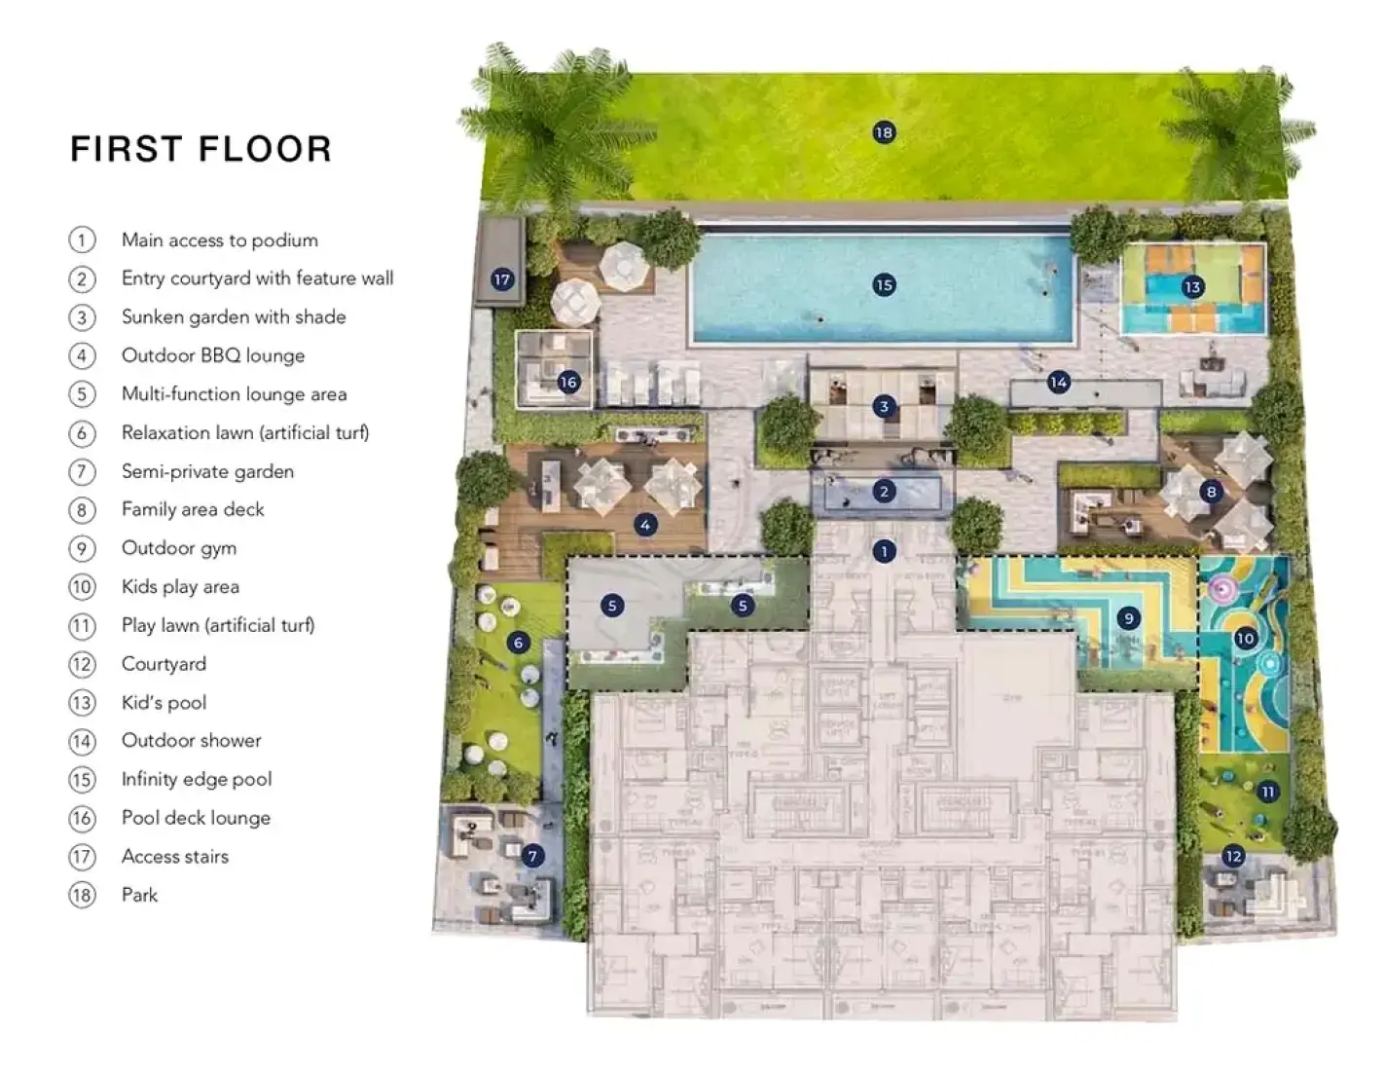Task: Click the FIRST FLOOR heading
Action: coord(201,149)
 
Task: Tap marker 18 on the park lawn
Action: coord(884,132)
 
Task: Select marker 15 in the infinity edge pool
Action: coord(884,285)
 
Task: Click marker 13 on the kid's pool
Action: coord(1192,286)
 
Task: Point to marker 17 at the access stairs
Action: coord(502,279)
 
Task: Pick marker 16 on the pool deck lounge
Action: coord(568,382)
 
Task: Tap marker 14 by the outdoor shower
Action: coord(1058,383)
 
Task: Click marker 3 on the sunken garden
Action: coord(884,406)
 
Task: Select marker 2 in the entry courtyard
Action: coord(884,492)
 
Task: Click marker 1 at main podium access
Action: coord(884,552)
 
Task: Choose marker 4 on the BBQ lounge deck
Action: coord(645,525)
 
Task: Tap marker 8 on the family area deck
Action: coord(1212,492)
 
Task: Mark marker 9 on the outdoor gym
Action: coord(1129,617)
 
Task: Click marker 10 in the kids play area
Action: coord(1245,639)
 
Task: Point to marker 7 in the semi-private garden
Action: coord(532,856)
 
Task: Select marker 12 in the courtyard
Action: coord(1233,856)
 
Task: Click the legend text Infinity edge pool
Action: coord(197,779)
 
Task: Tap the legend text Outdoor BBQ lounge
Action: coord(213,355)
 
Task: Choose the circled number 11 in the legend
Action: coord(82,625)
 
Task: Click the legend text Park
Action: coord(139,895)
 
